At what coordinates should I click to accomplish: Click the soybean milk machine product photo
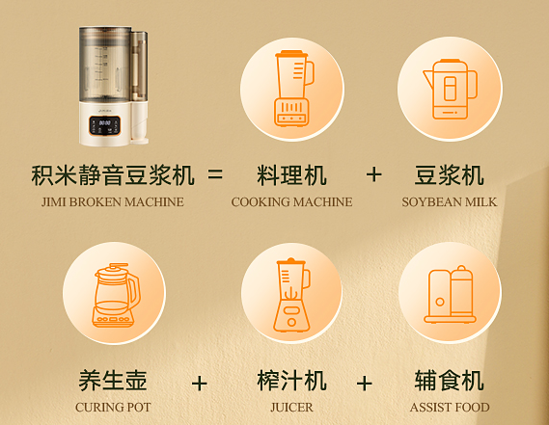(113, 85)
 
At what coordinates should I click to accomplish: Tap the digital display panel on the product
(105, 125)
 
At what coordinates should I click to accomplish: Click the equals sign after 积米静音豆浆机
(215, 173)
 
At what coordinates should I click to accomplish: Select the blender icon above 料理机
(293, 89)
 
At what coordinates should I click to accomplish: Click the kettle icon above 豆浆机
(450, 90)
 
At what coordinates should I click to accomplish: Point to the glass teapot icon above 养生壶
(116, 295)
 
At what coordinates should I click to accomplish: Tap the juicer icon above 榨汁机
(292, 295)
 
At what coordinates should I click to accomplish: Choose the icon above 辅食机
(450, 294)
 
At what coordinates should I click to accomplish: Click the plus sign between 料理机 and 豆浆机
(373, 174)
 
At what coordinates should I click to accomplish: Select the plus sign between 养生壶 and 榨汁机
(200, 384)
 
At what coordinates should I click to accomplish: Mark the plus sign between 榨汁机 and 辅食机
(364, 384)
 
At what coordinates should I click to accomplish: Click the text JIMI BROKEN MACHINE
(112, 202)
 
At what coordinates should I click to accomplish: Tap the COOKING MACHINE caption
(291, 202)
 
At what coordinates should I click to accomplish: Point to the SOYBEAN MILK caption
(450, 202)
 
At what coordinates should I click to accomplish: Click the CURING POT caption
(113, 408)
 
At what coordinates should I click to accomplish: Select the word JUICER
(291, 408)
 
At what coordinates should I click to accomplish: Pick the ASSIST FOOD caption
(450, 408)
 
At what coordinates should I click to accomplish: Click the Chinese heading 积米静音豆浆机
(113, 174)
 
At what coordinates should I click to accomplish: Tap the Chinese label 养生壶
(113, 381)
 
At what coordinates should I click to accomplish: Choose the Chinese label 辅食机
(450, 381)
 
